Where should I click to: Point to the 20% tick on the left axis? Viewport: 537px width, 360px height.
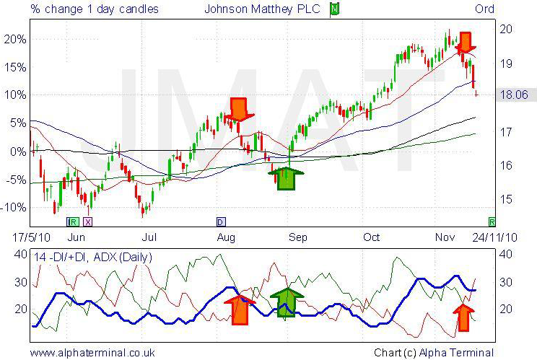[x=15, y=38]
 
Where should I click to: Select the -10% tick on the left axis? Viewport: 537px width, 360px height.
[x=15, y=207]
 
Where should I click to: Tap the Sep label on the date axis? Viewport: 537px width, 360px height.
[x=298, y=237]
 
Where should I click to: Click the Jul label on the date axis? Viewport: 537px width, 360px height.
[x=149, y=237]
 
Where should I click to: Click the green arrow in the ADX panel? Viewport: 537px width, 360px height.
[x=287, y=302]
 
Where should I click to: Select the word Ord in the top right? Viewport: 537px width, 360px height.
[x=484, y=9]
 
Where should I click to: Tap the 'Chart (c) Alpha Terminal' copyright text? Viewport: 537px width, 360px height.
[x=434, y=353]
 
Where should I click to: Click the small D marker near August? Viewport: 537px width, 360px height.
[x=221, y=221]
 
